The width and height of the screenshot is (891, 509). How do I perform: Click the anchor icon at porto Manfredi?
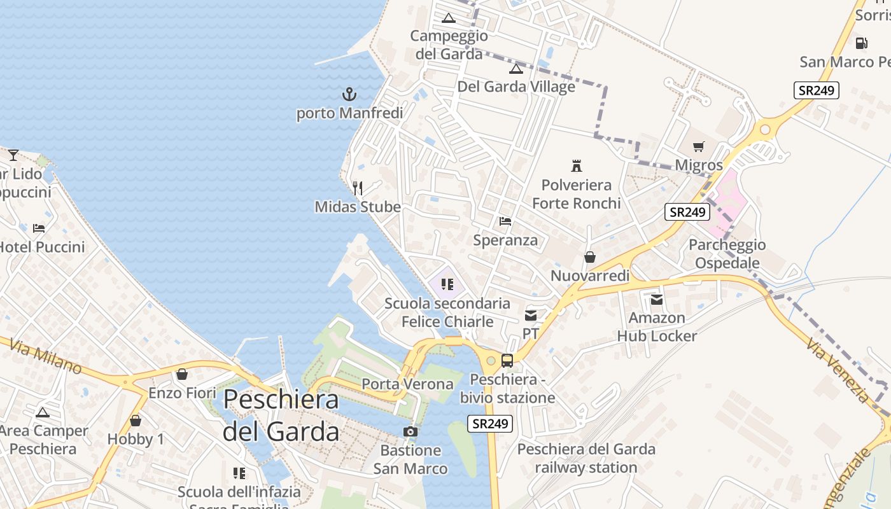[349, 95]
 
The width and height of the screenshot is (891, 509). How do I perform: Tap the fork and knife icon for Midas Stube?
[358, 188]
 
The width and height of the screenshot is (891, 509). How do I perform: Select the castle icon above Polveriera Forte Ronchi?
[577, 166]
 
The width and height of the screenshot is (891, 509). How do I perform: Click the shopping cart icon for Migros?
[699, 147]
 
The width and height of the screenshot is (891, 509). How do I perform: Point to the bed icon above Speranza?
[505, 221]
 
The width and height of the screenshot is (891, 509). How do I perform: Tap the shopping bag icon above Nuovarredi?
[590, 257]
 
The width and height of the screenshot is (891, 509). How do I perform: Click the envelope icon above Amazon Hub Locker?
[657, 299]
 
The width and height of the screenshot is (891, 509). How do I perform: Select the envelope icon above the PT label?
[531, 315]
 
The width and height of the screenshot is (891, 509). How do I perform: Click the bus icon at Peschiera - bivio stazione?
[507, 361]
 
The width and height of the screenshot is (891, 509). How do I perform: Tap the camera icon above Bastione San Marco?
[410, 432]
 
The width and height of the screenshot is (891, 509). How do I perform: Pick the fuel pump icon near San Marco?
[861, 43]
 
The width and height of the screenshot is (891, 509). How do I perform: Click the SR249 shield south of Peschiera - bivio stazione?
[490, 423]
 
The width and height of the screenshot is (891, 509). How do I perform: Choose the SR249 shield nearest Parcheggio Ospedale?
[687, 212]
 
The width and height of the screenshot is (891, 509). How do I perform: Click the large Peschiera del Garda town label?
[281, 415]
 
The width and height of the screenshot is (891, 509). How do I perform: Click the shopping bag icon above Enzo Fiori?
[182, 374]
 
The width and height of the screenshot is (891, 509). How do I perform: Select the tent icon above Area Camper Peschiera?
[43, 412]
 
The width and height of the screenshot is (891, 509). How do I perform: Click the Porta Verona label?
[407, 384]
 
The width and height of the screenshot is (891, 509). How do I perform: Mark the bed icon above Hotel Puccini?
[39, 228]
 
